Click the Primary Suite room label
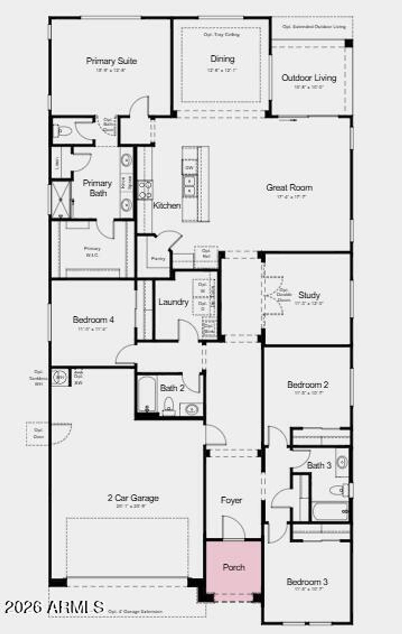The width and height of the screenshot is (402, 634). pos(111,61)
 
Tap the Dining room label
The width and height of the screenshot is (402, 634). pos(222,59)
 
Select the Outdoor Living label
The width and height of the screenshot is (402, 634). pos(309,78)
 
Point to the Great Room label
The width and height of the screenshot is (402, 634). pos(289,187)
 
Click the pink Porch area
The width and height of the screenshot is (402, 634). pos(234,567)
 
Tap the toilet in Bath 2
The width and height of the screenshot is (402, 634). pos(169,405)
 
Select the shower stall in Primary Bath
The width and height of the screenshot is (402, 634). pos(61,200)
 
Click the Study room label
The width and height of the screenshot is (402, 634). pos(309,295)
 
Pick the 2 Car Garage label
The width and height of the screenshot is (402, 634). pos(133,498)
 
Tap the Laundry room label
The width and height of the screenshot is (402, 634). pos(174,302)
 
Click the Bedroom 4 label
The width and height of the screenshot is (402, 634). pos(93,320)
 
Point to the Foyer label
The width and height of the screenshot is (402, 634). pos(231,500)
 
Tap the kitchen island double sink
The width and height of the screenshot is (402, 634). pos(190,186)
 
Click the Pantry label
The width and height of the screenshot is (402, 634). pos(158,259)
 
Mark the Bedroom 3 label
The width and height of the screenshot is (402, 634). pos(307,582)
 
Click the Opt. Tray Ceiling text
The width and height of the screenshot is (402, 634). pos(221,35)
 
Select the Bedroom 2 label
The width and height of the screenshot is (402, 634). pos(307,385)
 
